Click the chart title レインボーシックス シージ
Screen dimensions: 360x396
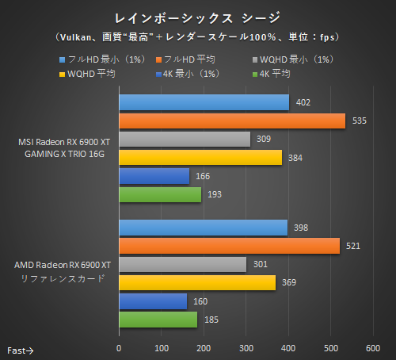pos(198,17)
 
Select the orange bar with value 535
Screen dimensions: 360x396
pos(231,121)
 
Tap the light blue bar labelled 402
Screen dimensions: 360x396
pos(204,102)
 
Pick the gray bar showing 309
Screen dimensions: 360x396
pos(184,140)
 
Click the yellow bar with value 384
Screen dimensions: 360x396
pos(200,158)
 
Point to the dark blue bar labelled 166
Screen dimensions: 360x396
pos(154,176)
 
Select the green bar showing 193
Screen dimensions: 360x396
pos(159,194)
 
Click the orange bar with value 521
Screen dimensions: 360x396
pos(229,247)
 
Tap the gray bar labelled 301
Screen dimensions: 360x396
pos(182,265)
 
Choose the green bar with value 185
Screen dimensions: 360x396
pos(158,320)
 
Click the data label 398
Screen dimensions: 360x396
pos(301,228)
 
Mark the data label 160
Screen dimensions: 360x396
pos(200,301)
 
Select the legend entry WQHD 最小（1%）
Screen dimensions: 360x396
pos(291,59)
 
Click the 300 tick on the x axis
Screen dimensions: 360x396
pos(246,347)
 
